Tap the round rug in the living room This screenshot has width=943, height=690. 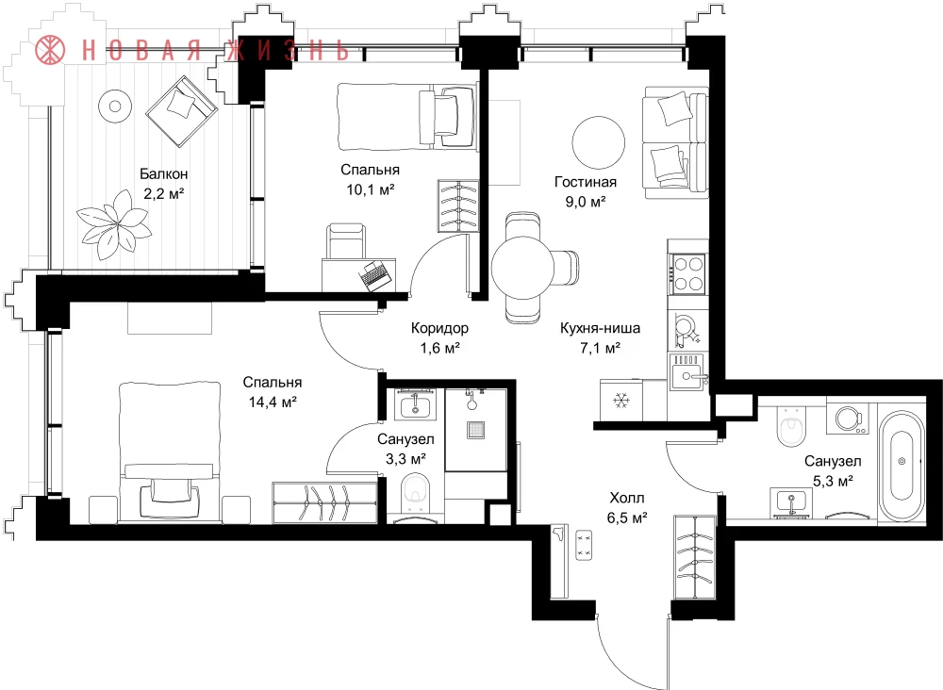point(599,143)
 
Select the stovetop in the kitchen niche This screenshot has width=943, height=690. point(688,273)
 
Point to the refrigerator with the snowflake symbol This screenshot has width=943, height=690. point(620,401)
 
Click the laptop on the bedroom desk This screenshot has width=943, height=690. point(375,275)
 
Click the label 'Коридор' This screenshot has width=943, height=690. point(439,328)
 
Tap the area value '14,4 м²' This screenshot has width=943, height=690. point(273,402)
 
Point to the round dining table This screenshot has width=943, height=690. point(522,268)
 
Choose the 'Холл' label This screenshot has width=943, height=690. point(627,499)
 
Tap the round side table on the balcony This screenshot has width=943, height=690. point(114,107)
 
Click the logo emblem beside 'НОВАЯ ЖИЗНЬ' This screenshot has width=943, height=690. point(51,50)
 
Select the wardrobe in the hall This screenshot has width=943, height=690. point(695,556)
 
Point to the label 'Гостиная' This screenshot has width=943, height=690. point(586,182)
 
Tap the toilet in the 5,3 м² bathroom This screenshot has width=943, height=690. point(790,425)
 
